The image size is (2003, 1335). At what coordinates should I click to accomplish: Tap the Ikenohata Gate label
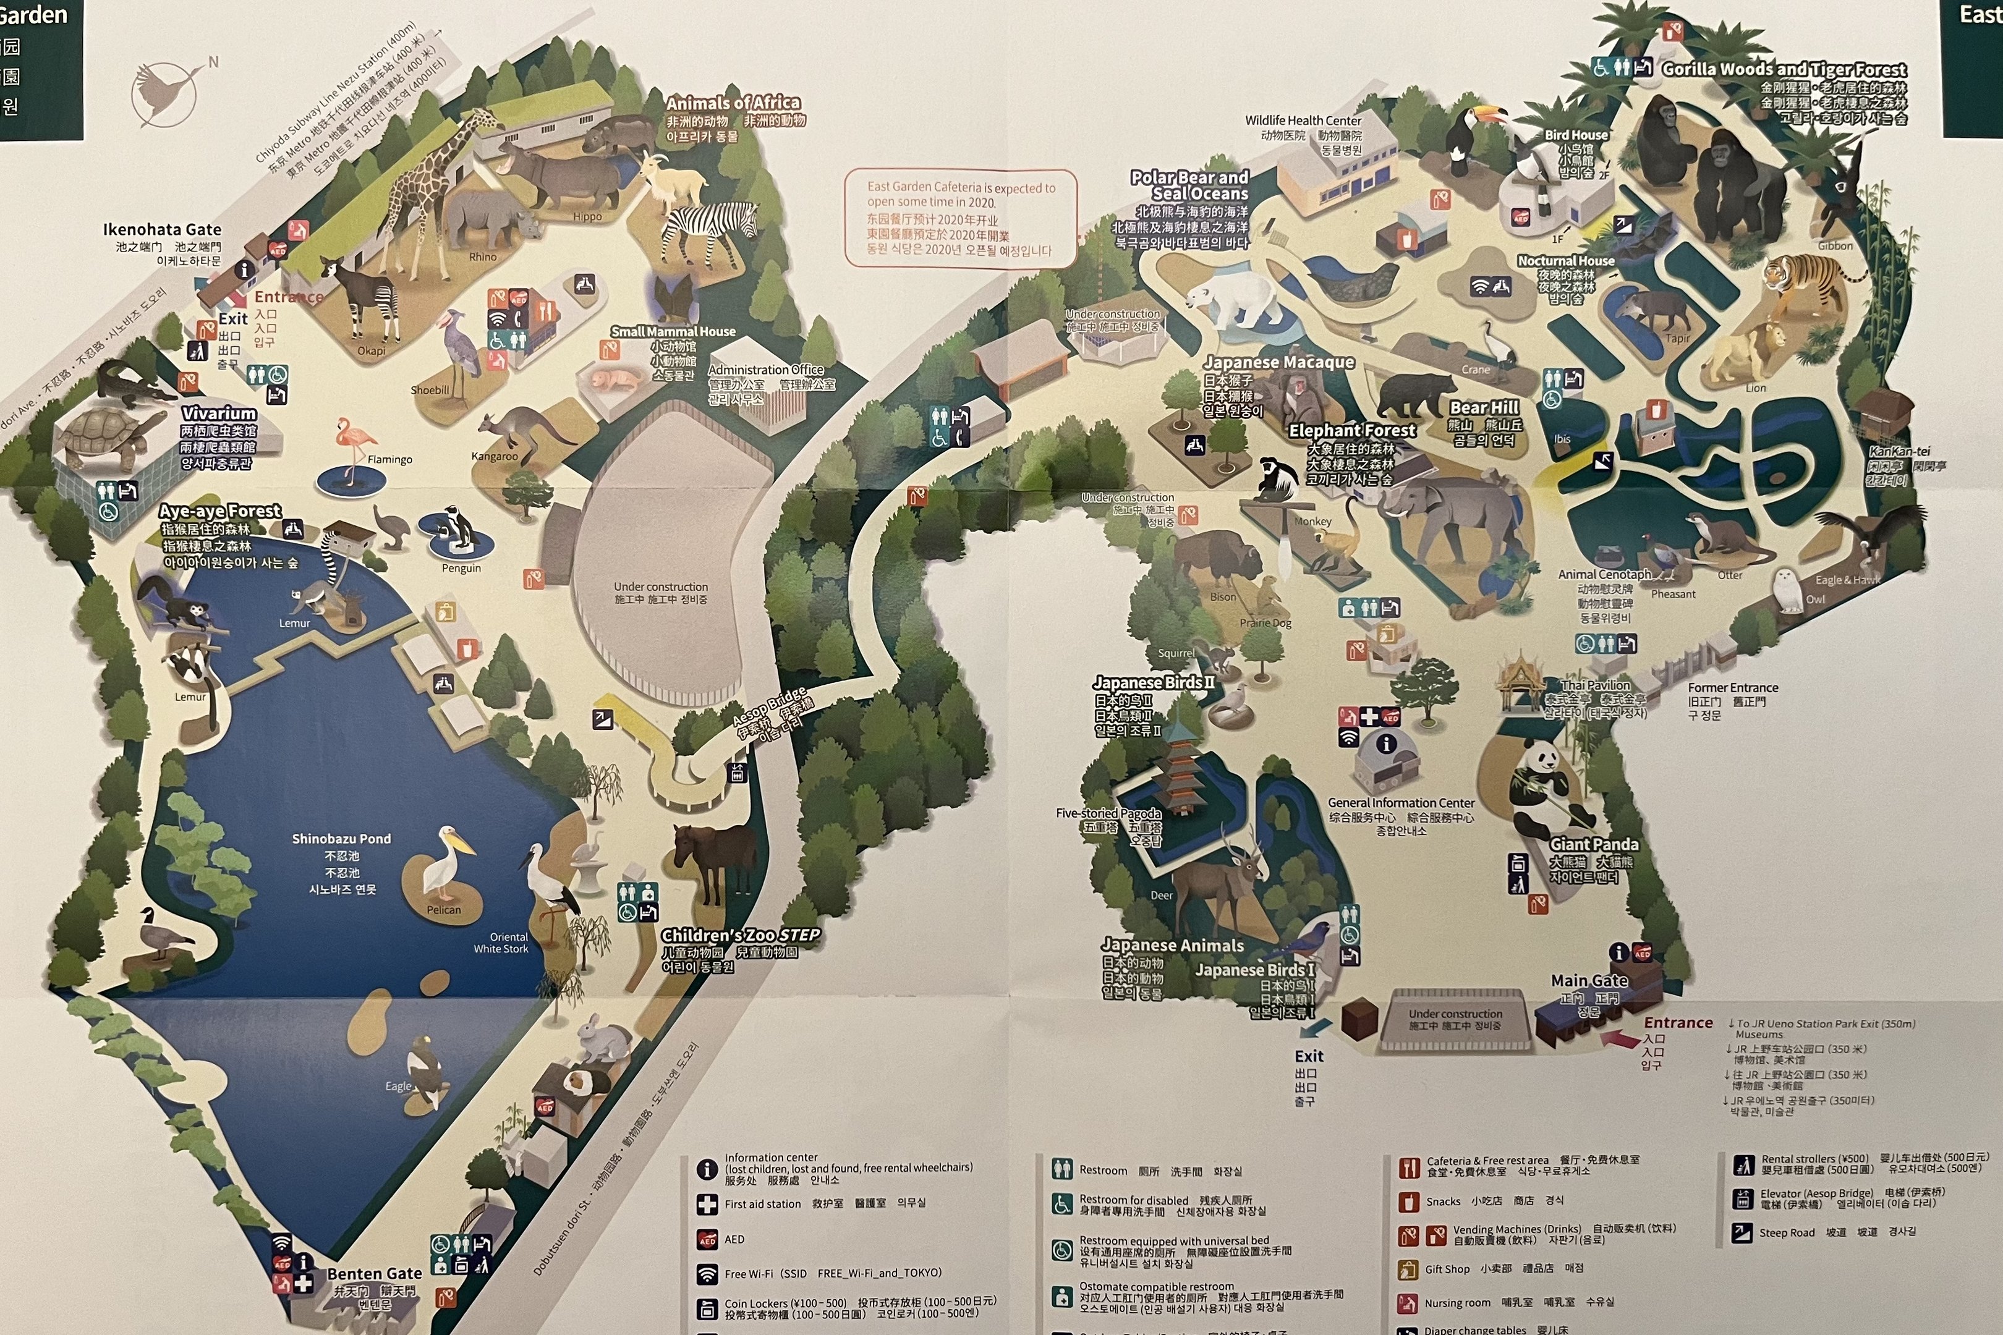tap(162, 230)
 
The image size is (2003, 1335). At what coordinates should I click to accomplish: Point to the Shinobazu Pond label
tap(341, 839)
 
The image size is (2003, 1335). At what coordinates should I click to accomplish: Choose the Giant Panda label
tap(1593, 845)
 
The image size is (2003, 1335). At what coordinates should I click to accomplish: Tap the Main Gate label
tap(1588, 981)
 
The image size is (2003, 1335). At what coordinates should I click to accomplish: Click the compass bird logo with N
tap(166, 92)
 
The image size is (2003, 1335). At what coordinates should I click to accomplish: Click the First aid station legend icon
tap(707, 1204)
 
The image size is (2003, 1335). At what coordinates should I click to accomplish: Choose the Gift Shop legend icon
tap(1408, 1269)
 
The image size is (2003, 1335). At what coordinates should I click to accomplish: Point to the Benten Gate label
tap(374, 1274)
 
